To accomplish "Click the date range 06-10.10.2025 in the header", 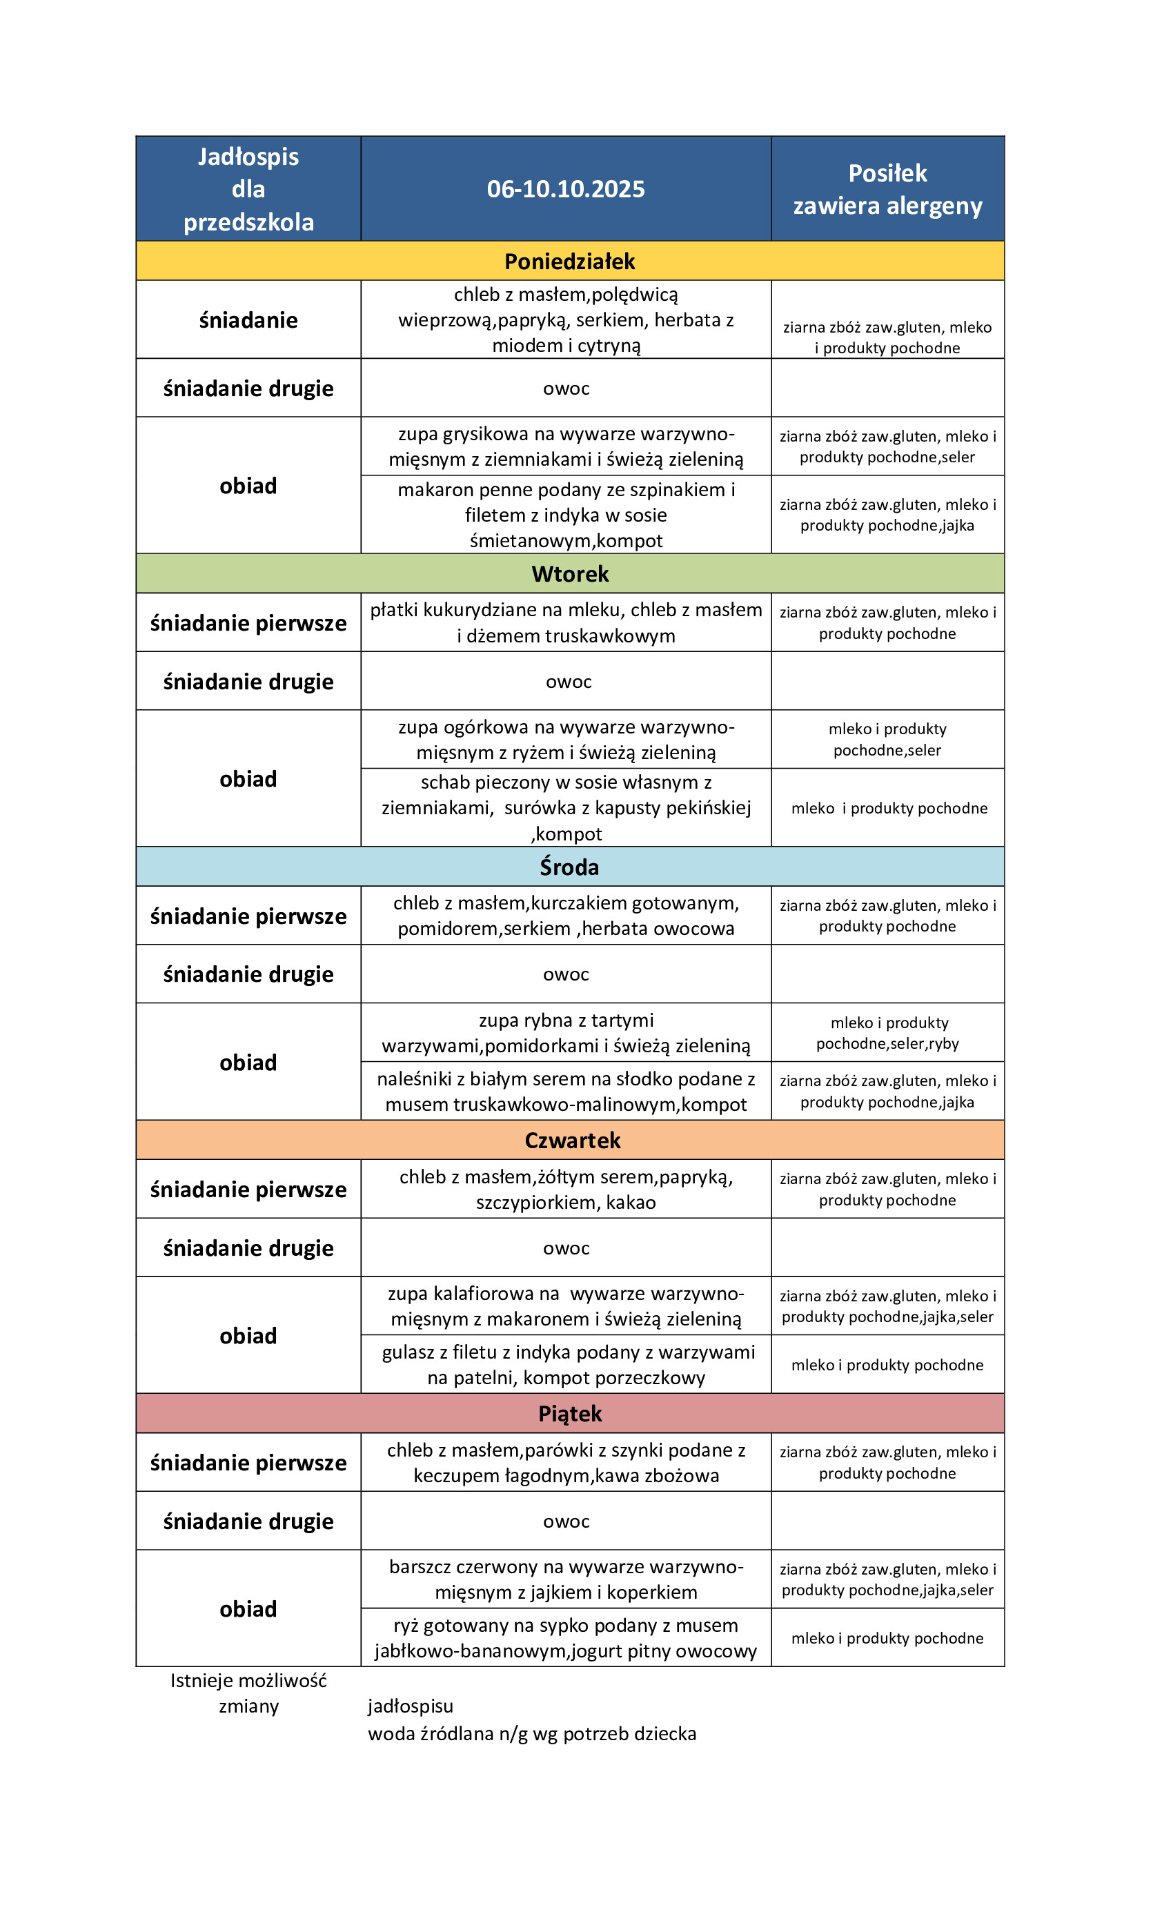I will coord(565,189).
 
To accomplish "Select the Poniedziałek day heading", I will coord(569,261).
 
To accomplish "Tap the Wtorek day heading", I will coord(569,574).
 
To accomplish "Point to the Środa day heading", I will coord(569,867).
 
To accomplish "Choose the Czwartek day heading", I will coord(571,1140).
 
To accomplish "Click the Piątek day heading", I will coord(569,1414).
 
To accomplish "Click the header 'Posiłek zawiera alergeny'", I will coord(887,189).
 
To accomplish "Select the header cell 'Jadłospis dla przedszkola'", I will coord(248,189).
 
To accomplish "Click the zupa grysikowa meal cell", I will coord(565,446).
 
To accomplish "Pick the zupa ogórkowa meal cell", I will coord(565,740).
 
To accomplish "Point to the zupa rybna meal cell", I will coord(565,1033).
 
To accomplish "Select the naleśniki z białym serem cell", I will coord(565,1092).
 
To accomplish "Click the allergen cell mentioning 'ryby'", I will coord(887,1033).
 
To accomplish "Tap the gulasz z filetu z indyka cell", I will coord(565,1364).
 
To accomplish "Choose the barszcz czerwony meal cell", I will coord(565,1579).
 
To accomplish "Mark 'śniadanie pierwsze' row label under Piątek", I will coord(248,1463).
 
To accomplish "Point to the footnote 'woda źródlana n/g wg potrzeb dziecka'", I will coord(531,1733).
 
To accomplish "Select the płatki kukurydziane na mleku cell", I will coord(565,622).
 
